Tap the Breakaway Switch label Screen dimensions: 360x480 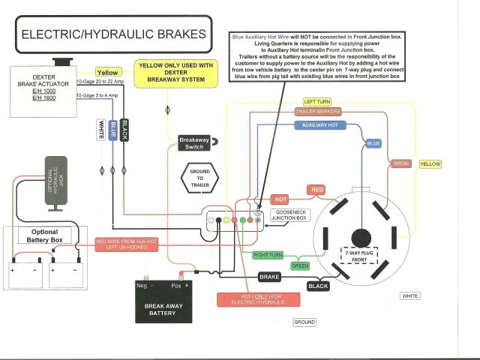point(194,142)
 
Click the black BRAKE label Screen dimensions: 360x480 point(269,277)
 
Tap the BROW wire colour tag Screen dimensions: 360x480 point(400,163)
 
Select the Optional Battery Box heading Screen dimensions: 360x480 point(43,237)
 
